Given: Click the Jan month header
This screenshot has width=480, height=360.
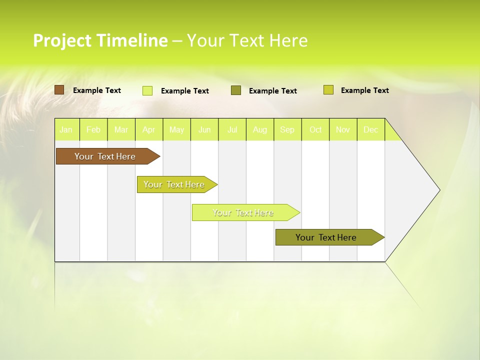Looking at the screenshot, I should click(66, 130).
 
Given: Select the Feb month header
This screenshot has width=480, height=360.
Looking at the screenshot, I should click(93, 130).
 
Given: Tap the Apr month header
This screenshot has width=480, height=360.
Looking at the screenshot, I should click(148, 130).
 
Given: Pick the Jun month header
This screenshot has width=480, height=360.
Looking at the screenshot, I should click(204, 130).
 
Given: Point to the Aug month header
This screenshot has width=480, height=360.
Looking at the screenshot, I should click(260, 130).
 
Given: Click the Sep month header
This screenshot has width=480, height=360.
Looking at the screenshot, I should click(287, 130).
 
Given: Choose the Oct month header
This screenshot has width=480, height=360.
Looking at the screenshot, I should click(315, 130).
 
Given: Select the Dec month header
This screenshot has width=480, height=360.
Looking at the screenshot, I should click(371, 130).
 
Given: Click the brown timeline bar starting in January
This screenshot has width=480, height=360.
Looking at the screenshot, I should click(105, 156).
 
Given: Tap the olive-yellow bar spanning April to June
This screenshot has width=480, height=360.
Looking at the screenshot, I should click(174, 184).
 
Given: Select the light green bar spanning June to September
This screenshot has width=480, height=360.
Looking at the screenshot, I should click(243, 212).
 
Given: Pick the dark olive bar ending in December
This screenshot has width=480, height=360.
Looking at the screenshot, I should click(326, 237).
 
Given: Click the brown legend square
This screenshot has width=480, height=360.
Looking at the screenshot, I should click(59, 90).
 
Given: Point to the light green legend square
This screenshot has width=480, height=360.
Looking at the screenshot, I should click(147, 90).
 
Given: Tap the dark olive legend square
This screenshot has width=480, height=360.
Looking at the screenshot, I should click(236, 90).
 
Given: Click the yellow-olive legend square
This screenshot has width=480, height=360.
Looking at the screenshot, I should click(328, 90).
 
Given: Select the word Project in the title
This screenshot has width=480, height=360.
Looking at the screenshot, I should click(62, 40).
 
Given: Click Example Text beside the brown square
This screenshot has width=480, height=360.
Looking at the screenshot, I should click(97, 90).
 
